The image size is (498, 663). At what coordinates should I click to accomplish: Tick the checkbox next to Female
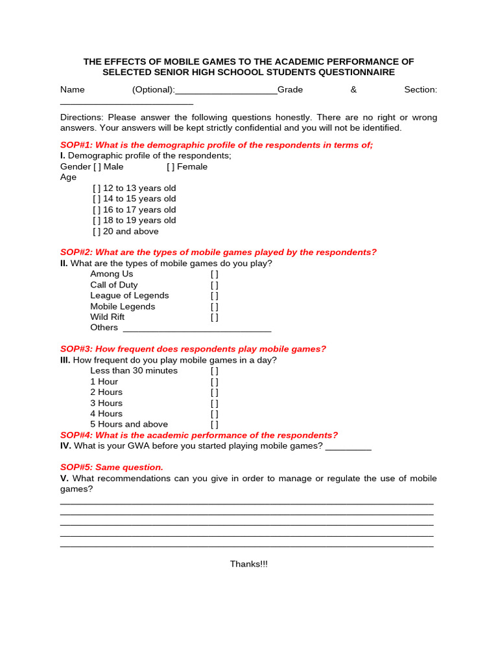point(171,167)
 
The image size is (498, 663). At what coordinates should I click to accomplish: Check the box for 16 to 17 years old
point(97,210)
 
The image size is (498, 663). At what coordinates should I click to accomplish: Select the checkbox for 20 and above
point(97,232)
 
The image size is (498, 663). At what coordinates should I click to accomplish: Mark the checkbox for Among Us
point(214,275)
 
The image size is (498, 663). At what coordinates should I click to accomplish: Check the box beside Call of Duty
point(214,286)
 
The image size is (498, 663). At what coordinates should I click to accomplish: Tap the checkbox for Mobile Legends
point(214,307)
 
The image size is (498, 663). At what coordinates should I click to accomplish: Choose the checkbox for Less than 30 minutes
point(214,371)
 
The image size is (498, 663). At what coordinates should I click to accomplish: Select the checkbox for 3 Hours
point(214,403)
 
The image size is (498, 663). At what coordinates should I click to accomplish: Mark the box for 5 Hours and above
point(214,425)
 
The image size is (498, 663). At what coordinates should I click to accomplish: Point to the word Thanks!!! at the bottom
point(248,565)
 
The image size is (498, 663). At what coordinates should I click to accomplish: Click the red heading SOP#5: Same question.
point(112,467)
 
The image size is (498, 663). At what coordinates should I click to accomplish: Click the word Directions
point(82,118)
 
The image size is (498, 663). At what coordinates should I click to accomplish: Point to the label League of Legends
point(130,296)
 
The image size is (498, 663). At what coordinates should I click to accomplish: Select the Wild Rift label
point(108,317)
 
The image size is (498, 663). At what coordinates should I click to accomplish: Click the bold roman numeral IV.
point(65,446)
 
